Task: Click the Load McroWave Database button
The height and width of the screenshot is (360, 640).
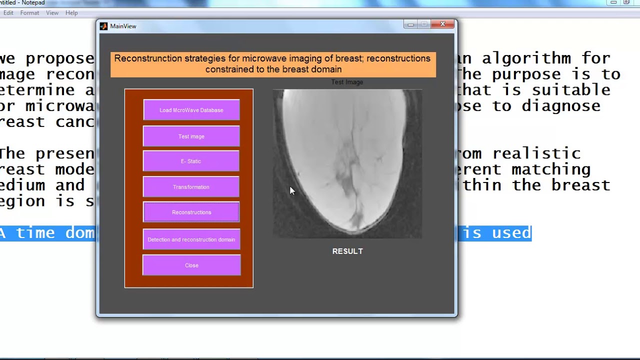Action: pos(191,110)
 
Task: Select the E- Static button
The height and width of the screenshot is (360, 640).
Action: pos(191,161)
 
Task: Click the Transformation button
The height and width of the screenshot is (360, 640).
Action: pos(191,187)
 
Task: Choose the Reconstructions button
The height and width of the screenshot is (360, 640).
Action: pos(191,212)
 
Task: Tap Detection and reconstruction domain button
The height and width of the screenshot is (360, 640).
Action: pos(191,239)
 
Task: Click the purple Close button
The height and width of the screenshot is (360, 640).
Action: pos(191,265)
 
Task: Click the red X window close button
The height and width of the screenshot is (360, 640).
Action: pos(442,24)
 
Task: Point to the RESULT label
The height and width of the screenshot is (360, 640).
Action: pos(347,251)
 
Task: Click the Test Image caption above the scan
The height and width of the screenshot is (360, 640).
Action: pos(347,82)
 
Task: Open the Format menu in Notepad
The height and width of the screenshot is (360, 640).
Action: pos(29,13)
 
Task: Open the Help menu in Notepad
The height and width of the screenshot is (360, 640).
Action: pos(71,13)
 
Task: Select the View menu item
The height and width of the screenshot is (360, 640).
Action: pos(52,13)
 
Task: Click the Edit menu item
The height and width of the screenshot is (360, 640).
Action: pos(8,13)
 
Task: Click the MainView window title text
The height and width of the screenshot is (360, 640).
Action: pos(123,26)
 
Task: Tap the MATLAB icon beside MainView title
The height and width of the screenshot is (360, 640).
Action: pos(103,26)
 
